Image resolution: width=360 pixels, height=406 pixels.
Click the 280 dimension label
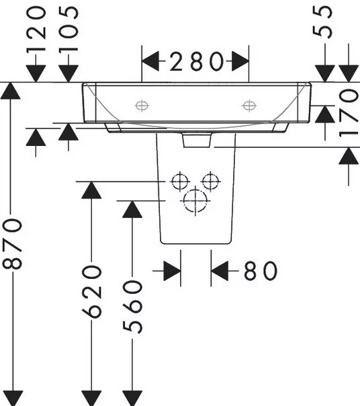pyautogui.click(x=196, y=61)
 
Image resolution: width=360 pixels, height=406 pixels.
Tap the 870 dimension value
pyautogui.click(x=12, y=243)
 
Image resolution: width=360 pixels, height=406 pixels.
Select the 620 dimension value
pyautogui.click(x=91, y=292)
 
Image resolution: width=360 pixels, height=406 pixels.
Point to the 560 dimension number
pyautogui.click(x=132, y=307)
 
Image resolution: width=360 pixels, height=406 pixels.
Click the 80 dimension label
pyautogui.click(x=261, y=271)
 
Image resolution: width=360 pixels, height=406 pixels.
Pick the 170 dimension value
pyautogui.click(x=349, y=113)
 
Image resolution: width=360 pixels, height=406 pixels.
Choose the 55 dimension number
pyautogui.click(x=322, y=22)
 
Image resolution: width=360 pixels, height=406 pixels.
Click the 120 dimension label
pyautogui.click(x=36, y=30)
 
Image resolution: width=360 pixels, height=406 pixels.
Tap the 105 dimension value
pyautogui.click(x=69, y=30)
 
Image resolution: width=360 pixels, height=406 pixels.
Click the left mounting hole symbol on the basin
pyautogui.click(x=142, y=106)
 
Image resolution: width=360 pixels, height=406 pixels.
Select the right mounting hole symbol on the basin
pyautogui.click(x=249, y=106)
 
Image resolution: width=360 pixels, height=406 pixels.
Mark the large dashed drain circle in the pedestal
pyautogui.click(x=195, y=201)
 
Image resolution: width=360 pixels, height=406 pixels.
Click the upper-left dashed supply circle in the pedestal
pyautogui.click(x=180, y=181)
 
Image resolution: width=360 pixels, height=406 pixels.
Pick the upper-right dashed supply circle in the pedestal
pyautogui.click(x=211, y=181)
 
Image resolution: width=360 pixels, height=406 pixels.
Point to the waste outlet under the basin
pyautogui.click(x=197, y=140)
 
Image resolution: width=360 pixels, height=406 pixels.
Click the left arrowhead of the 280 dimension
pyautogui.click(x=150, y=61)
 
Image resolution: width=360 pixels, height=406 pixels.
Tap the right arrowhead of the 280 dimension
pyautogui.click(x=240, y=61)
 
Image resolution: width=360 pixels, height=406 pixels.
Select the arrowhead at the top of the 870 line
pyautogui.click(x=10, y=91)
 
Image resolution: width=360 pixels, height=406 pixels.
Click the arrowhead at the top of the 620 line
pyautogui.click(x=91, y=190)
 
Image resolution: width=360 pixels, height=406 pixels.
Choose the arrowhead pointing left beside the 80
pyautogui.click(x=220, y=271)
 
